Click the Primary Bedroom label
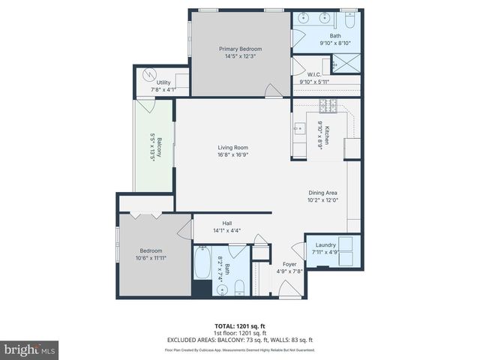tap(240, 49)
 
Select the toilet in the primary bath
tap(349, 17)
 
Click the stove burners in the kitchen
tap(327, 106)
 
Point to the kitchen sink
tap(299, 128)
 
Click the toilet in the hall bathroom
tap(238, 287)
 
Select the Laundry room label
tap(325, 244)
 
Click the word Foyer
tap(289, 265)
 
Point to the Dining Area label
tap(322, 193)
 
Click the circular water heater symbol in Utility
tap(148, 75)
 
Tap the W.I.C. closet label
tap(314, 74)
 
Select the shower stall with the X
tap(346, 64)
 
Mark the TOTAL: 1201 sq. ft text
tap(240, 326)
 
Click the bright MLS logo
tap(30, 349)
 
